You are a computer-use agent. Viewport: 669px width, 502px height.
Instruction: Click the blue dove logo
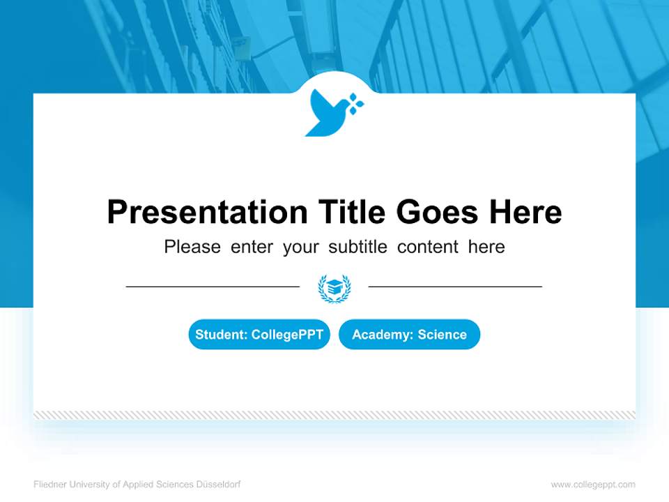point(328,114)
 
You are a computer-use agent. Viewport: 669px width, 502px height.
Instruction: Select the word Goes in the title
point(438,212)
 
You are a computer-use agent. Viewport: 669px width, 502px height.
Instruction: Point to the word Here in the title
point(525,212)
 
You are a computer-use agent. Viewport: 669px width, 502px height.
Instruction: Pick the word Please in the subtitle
point(192,247)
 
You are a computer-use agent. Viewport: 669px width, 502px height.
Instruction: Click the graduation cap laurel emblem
point(334,288)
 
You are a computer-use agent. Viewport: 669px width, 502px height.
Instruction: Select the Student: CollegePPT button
point(259,335)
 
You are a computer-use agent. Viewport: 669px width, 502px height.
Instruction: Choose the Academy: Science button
point(409,335)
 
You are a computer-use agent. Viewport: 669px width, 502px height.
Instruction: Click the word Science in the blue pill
point(443,335)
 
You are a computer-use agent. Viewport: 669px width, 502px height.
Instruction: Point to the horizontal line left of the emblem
point(213,286)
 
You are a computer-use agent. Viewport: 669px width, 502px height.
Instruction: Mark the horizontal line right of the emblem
point(455,286)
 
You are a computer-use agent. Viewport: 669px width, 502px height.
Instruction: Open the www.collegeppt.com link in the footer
point(593,485)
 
